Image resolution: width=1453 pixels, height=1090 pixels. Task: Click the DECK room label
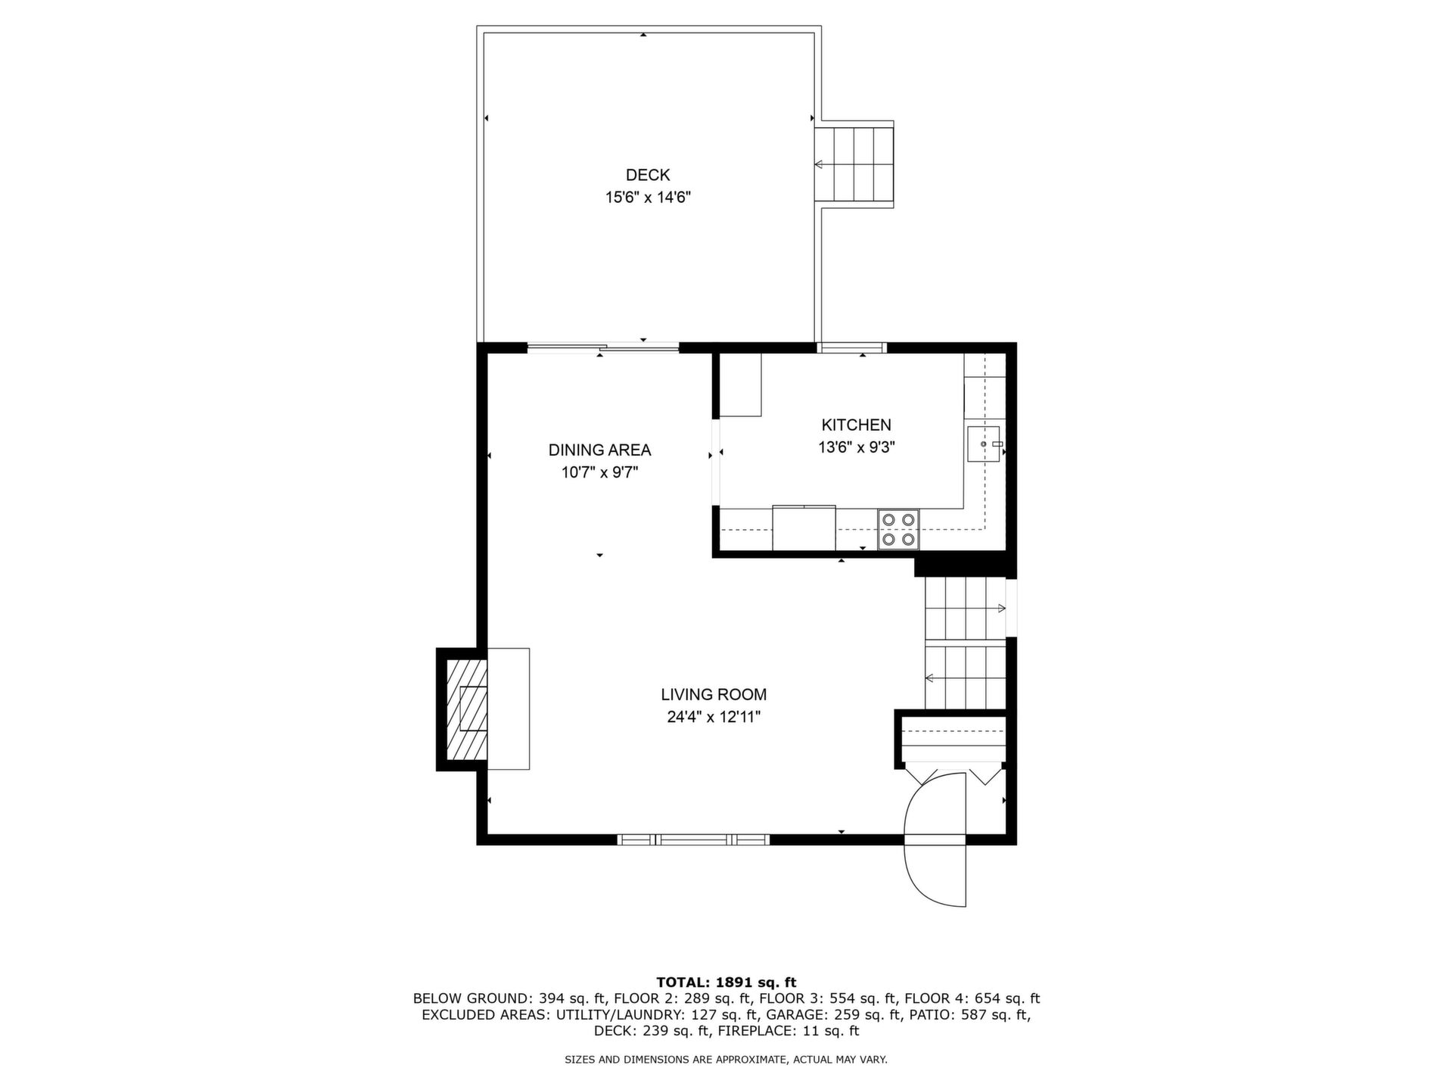(x=648, y=175)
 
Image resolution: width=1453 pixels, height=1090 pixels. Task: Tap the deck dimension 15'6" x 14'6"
(x=648, y=198)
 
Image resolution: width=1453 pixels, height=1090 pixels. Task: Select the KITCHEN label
(x=857, y=425)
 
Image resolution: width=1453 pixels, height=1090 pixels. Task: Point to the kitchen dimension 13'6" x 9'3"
(x=857, y=447)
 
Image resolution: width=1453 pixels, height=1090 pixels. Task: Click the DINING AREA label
(x=599, y=450)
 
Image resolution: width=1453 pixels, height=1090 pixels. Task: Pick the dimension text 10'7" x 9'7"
(x=599, y=472)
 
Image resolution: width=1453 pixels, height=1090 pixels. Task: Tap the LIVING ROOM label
(x=714, y=694)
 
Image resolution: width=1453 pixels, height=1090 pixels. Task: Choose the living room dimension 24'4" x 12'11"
(x=714, y=717)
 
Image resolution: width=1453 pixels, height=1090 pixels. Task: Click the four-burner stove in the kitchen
(x=898, y=529)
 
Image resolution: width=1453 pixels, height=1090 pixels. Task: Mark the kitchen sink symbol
(x=984, y=444)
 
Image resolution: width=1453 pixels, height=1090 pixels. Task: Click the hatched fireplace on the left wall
(x=465, y=708)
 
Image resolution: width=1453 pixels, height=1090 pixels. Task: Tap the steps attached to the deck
(x=854, y=163)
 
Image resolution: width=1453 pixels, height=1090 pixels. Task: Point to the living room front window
(x=693, y=839)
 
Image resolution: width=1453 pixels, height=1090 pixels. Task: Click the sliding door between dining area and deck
(x=603, y=348)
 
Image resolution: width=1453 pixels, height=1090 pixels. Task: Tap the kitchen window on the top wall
(x=851, y=348)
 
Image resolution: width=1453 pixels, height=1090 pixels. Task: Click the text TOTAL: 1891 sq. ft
(x=726, y=983)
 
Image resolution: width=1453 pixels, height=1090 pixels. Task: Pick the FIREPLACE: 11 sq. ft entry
(x=789, y=1030)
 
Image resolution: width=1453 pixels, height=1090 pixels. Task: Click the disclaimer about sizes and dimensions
(x=726, y=1060)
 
